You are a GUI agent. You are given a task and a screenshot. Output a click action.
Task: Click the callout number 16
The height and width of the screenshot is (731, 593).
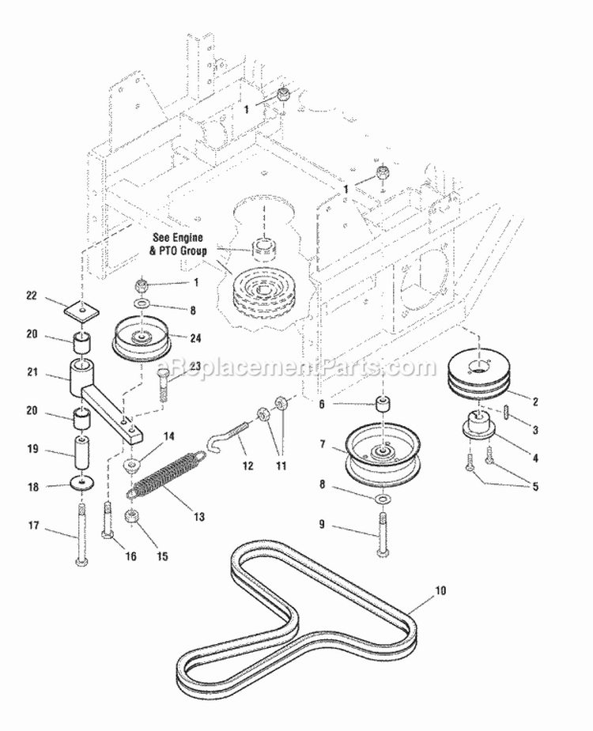click(130, 556)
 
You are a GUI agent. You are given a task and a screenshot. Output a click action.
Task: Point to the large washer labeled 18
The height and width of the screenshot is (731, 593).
click(82, 482)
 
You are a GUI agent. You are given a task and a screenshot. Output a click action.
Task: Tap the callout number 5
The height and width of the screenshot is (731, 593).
click(535, 486)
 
